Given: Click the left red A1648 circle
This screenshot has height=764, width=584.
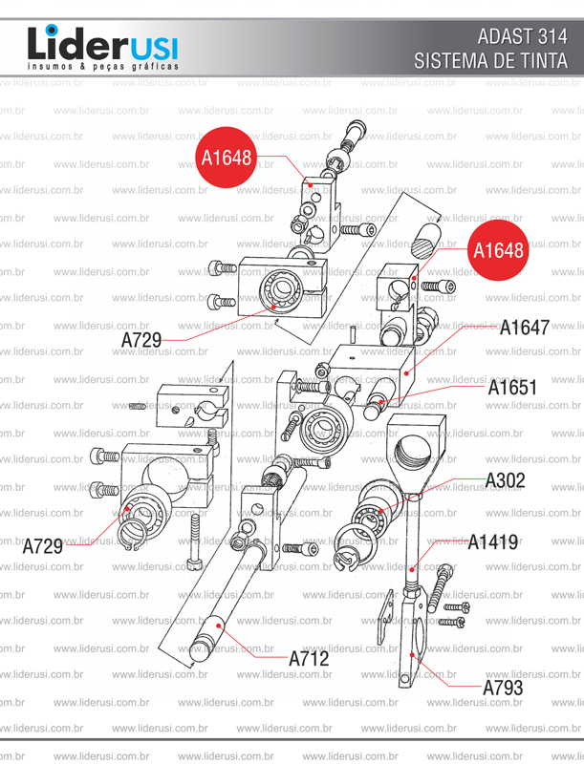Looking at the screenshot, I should [226, 157].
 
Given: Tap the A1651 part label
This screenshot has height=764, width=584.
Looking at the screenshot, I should [512, 389].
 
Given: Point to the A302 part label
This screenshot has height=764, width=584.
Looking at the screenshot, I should [506, 479].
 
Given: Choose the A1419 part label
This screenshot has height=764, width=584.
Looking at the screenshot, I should [493, 542].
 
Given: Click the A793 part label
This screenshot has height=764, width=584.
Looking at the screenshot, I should [503, 688].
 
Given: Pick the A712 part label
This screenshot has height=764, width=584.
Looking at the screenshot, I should [309, 658].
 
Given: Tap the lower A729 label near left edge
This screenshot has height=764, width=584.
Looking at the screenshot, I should [42, 546].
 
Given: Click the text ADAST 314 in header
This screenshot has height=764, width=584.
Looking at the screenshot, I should [522, 38].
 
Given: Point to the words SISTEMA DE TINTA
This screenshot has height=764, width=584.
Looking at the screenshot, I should [491, 61].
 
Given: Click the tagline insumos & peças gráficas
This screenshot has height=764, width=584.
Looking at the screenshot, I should [102, 69].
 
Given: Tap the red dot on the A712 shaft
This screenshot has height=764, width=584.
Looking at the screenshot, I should [221, 626].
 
